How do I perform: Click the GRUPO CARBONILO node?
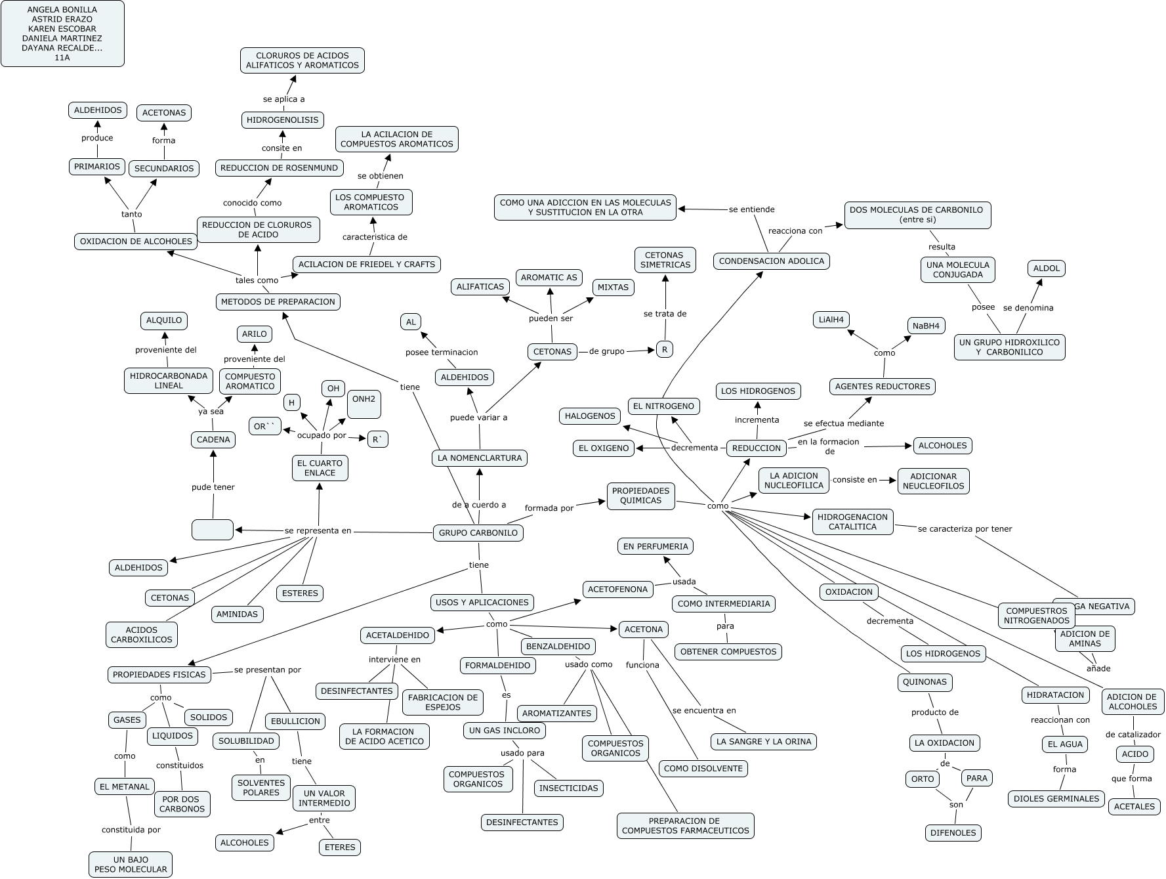point(478,532)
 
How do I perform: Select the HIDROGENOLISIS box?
point(282,119)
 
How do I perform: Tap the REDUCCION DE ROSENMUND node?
point(279,167)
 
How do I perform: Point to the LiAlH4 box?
point(831,320)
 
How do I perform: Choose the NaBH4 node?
point(926,326)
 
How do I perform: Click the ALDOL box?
point(1047,268)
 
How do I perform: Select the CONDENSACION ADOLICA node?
point(771,261)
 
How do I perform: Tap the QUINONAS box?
point(925,682)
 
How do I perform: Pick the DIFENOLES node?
point(953,833)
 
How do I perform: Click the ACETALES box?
point(1135,806)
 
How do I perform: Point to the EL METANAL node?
point(125,786)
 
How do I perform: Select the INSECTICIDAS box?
point(568,788)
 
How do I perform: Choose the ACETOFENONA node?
point(617,590)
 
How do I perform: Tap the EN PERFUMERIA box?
point(655,546)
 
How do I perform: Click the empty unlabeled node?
point(213,529)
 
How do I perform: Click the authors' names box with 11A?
point(62,33)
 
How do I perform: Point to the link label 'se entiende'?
point(751,209)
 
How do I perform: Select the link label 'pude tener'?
point(213,487)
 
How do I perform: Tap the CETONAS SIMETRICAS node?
point(665,260)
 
